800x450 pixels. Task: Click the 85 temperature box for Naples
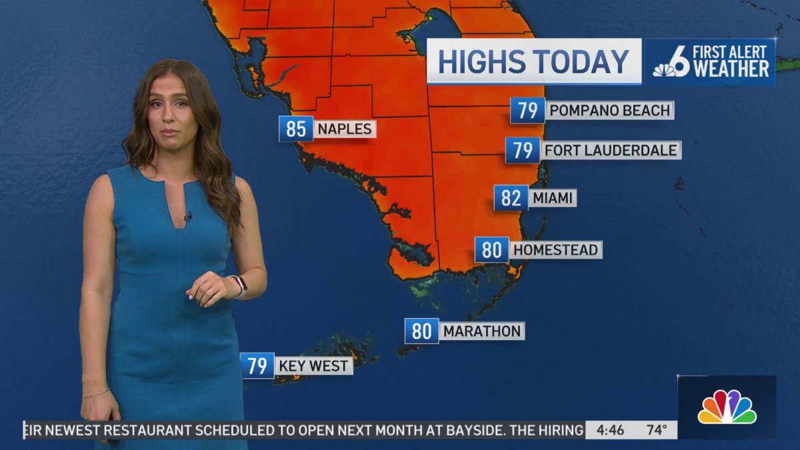click(x=295, y=129)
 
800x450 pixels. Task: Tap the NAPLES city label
click(x=345, y=129)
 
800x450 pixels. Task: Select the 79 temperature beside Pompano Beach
click(x=527, y=110)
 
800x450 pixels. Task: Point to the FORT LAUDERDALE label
click(x=611, y=150)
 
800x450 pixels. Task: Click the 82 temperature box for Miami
click(x=511, y=198)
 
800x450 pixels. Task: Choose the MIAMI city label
click(x=553, y=198)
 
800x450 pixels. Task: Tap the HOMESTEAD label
click(x=556, y=250)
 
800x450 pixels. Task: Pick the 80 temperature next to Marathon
click(x=422, y=331)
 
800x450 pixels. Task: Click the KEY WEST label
click(x=313, y=366)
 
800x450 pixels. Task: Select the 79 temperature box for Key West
click(x=257, y=366)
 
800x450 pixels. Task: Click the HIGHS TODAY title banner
click(x=534, y=61)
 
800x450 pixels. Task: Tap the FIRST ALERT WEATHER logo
click(x=711, y=61)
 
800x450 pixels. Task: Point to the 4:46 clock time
click(x=611, y=430)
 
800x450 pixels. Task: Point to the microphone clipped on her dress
click(x=189, y=216)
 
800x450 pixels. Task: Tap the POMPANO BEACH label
click(x=609, y=110)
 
